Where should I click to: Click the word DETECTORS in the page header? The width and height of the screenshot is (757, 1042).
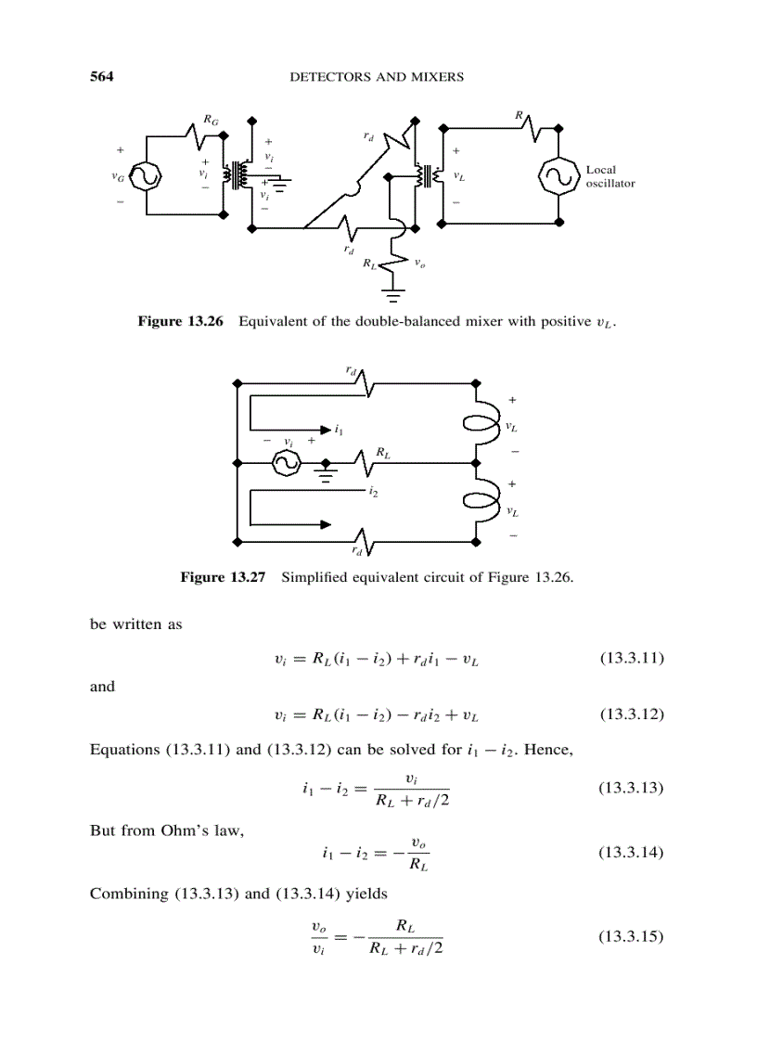point(332,77)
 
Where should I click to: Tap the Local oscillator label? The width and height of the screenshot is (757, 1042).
point(609,176)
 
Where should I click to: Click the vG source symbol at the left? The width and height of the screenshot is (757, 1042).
point(146,175)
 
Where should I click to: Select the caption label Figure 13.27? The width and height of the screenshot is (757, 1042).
point(223,577)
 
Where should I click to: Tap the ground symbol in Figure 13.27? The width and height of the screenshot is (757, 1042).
point(326,473)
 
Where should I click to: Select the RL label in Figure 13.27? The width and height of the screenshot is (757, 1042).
point(382,452)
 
